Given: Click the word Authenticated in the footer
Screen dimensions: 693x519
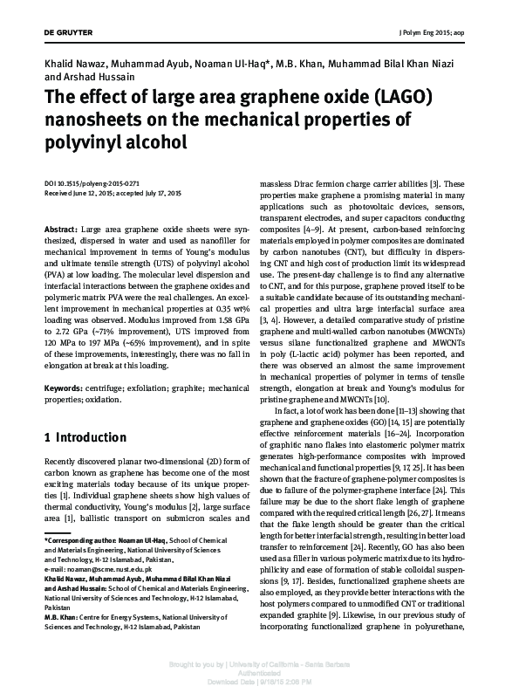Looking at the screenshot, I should (x=259, y=671).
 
